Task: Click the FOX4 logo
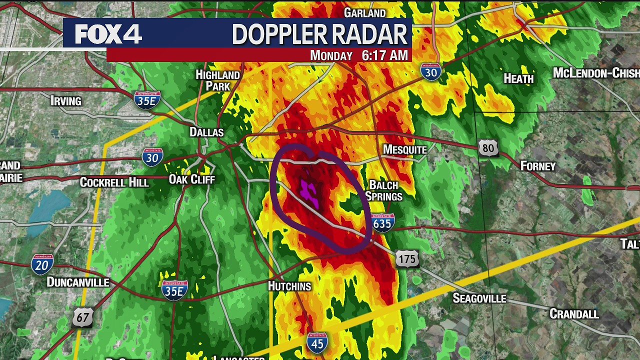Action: click(108, 34)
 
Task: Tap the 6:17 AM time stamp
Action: click(385, 55)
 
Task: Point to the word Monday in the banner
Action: click(331, 55)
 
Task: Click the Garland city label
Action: click(365, 12)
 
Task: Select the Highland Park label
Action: click(217, 80)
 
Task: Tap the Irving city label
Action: click(66, 101)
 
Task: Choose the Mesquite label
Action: click(404, 149)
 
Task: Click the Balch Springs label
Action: click(383, 190)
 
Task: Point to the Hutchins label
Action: click(289, 286)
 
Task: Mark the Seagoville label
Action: click(479, 298)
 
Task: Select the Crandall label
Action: click(574, 314)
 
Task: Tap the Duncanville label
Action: click(77, 282)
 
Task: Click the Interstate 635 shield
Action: click(382, 222)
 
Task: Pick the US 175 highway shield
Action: click(407, 259)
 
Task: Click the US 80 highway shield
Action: click(488, 148)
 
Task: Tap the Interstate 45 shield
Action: click(317, 342)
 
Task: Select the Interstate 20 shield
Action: click(42, 264)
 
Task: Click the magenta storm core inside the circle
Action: click(309, 193)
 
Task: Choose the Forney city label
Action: click(538, 166)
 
